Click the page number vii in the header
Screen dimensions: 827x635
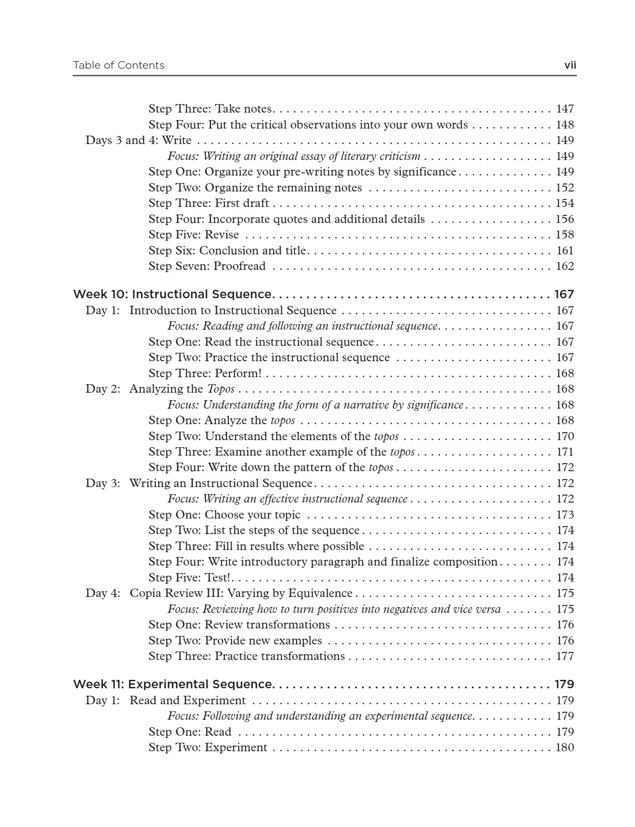click(x=570, y=66)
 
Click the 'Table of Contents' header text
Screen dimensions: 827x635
click(x=118, y=66)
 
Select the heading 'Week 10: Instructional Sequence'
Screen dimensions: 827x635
click(x=172, y=294)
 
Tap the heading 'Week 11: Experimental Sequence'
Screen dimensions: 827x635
click(x=172, y=684)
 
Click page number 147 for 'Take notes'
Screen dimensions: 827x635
click(x=565, y=109)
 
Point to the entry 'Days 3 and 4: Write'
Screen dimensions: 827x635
click(x=138, y=140)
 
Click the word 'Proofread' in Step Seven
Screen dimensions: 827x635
click(x=239, y=266)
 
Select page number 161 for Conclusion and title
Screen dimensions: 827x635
click(x=565, y=251)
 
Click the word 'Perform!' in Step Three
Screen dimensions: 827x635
click(x=238, y=374)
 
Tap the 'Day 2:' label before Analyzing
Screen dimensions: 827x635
click(x=103, y=389)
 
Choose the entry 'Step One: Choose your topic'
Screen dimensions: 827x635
click(x=224, y=515)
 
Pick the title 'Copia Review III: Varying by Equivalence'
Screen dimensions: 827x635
click(x=241, y=593)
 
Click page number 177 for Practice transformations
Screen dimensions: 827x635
click(x=565, y=656)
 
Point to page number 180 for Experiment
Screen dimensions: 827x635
click(x=565, y=748)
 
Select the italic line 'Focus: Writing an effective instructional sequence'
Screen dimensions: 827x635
click(x=287, y=499)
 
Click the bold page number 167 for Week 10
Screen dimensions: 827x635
click(x=564, y=294)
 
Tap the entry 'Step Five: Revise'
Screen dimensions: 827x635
click(x=194, y=235)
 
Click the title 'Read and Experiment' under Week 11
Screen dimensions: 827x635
click(x=187, y=701)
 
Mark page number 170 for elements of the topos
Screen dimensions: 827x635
click(x=565, y=437)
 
